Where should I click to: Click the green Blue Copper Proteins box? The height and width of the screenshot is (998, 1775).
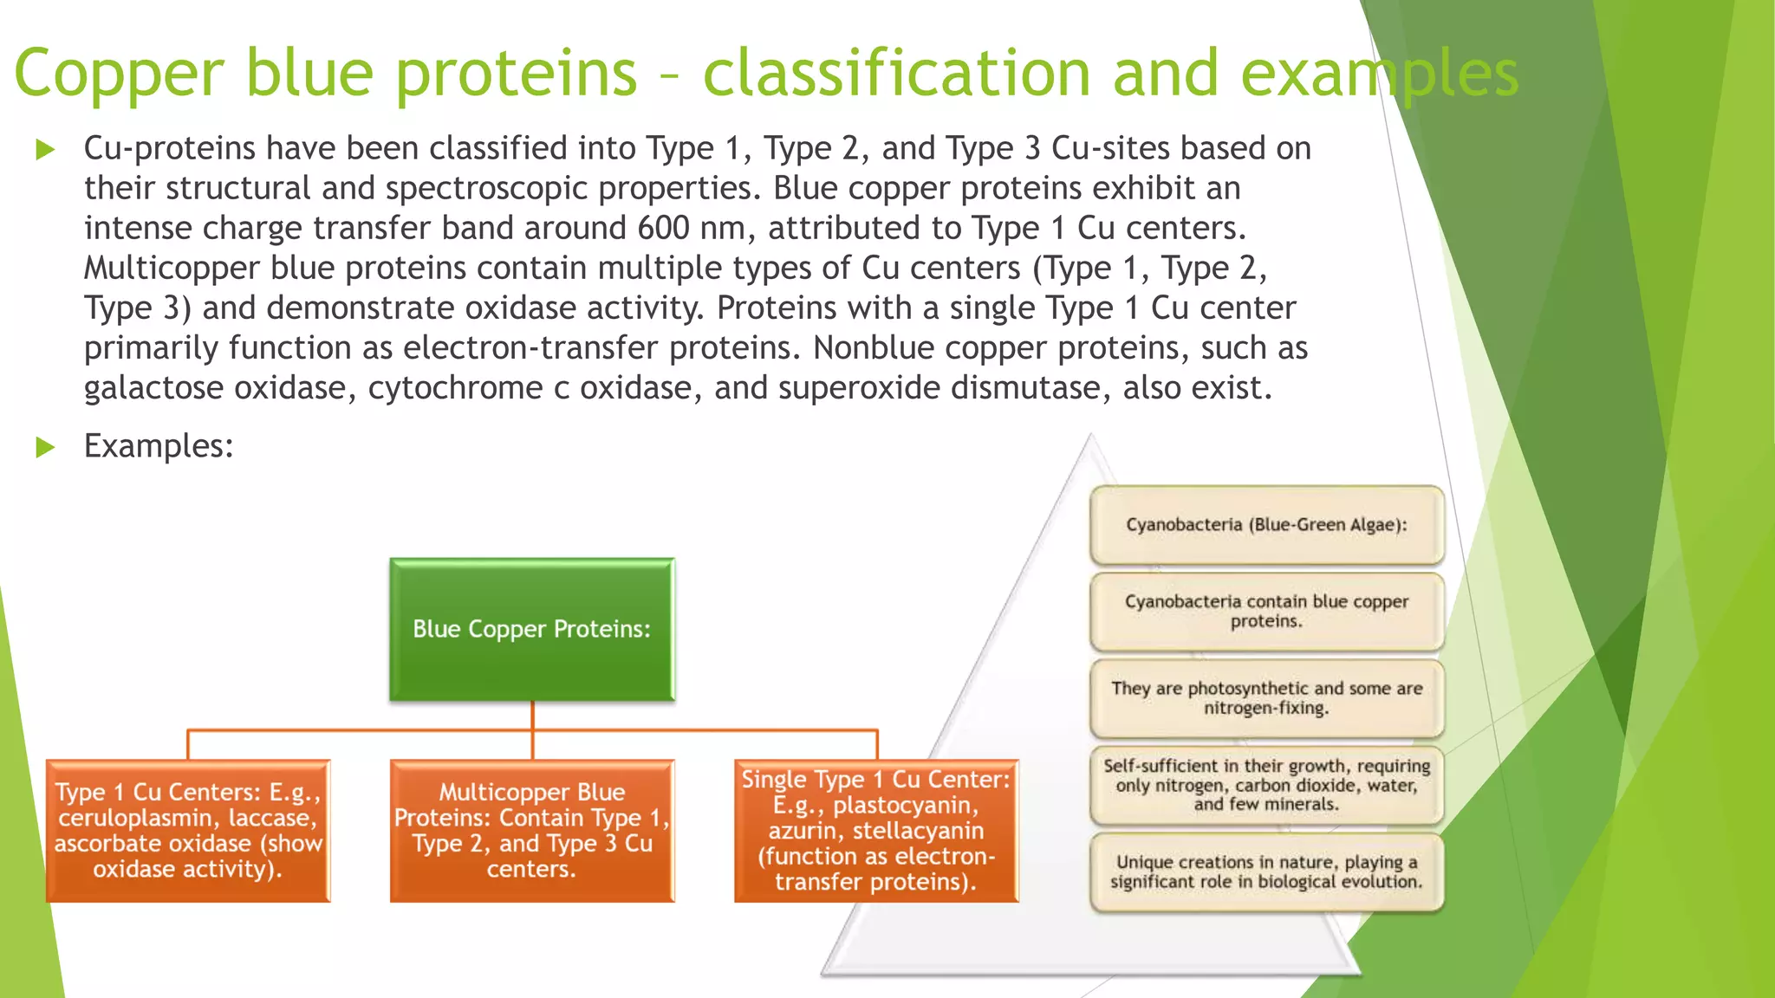[x=531, y=629]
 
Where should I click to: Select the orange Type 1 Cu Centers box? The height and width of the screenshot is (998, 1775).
[x=188, y=831]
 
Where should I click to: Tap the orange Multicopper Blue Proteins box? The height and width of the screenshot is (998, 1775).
[x=531, y=831]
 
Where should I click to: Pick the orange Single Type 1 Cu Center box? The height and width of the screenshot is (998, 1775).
[x=875, y=831]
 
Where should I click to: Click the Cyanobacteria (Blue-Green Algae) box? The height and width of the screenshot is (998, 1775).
[x=1266, y=525]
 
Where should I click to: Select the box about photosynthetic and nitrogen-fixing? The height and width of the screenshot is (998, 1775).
[x=1266, y=698]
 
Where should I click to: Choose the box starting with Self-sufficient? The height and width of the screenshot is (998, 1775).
[x=1266, y=785]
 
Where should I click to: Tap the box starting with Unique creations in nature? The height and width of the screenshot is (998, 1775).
[x=1266, y=872]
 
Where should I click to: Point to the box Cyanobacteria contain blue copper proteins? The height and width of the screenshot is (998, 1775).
[x=1266, y=612]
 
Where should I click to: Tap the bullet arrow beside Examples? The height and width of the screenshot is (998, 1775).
[x=45, y=447]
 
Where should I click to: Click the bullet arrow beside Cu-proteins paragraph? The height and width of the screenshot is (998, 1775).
[x=45, y=149]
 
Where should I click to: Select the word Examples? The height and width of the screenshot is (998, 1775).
[x=158, y=446]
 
